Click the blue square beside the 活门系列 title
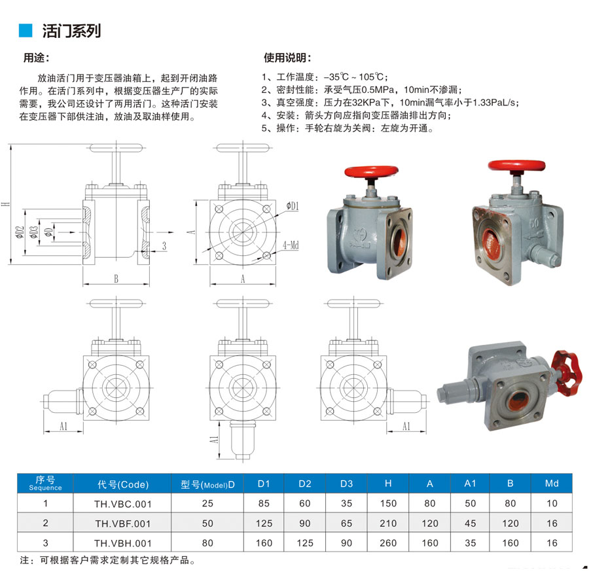click(26, 30)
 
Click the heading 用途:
click(36, 58)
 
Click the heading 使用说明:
click(287, 58)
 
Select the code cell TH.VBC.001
click(123, 504)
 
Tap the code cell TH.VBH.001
click(123, 543)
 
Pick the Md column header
click(552, 483)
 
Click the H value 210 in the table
click(388, 523)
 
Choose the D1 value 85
click(264, 503)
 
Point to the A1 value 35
click(471, 543)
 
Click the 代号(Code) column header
click(123, 484)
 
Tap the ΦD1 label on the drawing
click(293, 205)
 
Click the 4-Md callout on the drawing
click(291, 245)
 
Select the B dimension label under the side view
click(116, 279)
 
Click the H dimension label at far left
click(5, 204)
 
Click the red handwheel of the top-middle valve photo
click(371, 171)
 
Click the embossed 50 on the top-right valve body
click(534, 222)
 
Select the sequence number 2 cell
click(45, 523)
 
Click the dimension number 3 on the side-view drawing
click(164, 246)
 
